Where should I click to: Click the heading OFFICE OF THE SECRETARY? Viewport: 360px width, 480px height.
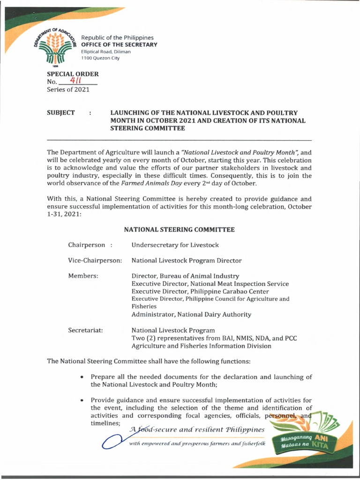(x=120, y=45)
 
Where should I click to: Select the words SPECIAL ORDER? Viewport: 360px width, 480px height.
(x=73, y=74)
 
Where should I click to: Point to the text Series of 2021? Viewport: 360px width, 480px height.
(x=68, y=90)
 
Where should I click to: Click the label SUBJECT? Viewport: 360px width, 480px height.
(x=61, y=113)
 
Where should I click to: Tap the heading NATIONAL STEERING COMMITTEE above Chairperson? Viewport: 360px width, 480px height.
(x=179, y=230)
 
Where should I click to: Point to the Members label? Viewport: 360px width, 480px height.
(x=83, y=276)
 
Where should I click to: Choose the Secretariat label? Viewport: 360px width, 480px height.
(x=86, y=330)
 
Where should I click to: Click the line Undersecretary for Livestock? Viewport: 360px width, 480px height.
(x=175, y=245)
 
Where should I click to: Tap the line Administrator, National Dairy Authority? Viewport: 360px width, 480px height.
(x=191, y=315)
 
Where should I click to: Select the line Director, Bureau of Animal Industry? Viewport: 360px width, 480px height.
(x=185, y=276)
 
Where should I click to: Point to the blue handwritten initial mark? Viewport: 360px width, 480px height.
(x=111, y=442)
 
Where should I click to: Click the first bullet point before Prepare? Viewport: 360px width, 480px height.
(x=82, y=377)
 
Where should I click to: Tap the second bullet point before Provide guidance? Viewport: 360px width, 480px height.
(x=82, y=400)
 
